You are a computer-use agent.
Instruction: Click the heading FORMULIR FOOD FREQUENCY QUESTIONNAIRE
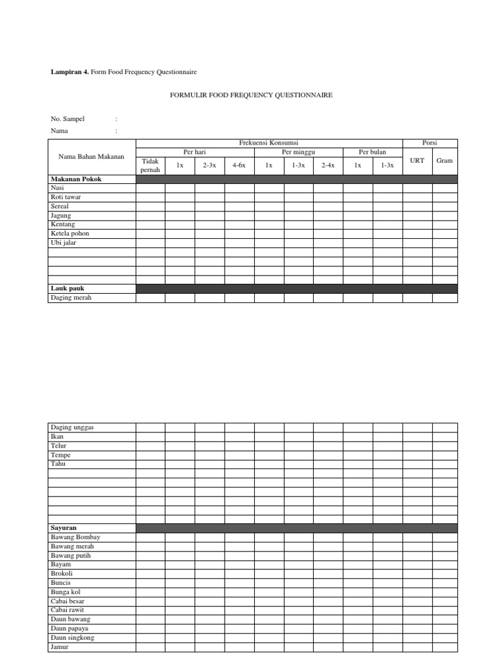251,96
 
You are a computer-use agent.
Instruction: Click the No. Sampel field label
67,119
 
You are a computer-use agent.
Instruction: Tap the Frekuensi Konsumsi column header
269,143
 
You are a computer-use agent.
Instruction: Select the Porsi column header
430,143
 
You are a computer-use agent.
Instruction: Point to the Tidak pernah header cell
150,166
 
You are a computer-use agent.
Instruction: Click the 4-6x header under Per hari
239,166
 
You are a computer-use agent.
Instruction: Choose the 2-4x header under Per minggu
327,166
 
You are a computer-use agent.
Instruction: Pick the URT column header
417,161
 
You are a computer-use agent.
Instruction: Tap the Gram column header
444,161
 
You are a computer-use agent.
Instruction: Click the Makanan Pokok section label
76,179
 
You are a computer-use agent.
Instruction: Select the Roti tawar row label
65,197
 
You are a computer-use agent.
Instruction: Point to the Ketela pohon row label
69,234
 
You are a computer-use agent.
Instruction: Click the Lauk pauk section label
67,288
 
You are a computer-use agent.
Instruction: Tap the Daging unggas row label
72,427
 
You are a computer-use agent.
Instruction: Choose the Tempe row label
60,455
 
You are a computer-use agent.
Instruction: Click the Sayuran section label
64,527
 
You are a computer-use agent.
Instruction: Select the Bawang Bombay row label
75,537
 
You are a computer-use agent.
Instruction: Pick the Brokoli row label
62,574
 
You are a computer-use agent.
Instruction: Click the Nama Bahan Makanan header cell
91,156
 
